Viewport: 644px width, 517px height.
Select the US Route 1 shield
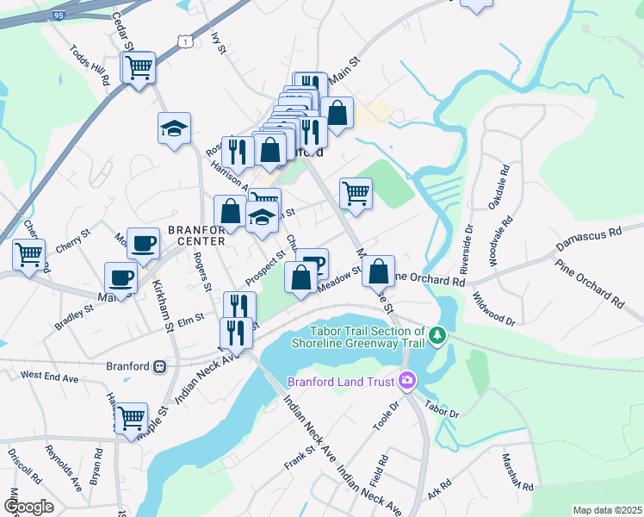tap(183, 40)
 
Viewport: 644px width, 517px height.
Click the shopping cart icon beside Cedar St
tap(138, 66)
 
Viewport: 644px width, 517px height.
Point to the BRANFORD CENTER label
tap(196, 236)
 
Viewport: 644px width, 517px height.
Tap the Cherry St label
tap(73, 240)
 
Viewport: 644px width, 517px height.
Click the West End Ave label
tap(50, 377)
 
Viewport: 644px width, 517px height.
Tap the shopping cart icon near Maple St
tap(131, 418)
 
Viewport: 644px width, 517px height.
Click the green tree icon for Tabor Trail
tap(438, 333)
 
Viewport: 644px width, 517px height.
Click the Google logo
tap(29, 507)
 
